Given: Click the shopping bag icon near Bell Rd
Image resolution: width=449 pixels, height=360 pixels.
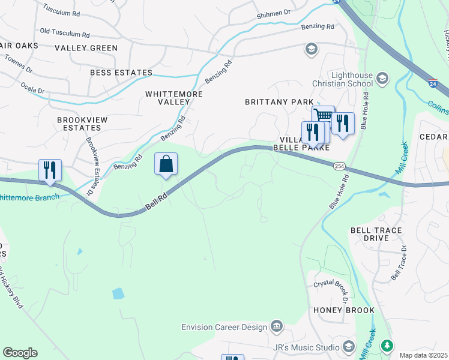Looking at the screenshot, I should coord(166,164).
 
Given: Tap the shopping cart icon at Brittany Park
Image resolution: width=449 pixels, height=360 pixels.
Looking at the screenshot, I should coord(324,116).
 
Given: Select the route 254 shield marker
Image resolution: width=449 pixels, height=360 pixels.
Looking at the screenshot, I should coord(340,166).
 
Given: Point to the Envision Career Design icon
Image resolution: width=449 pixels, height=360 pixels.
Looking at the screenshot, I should coord(277,326).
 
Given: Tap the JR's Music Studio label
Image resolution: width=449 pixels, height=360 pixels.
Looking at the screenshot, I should coord(309,346).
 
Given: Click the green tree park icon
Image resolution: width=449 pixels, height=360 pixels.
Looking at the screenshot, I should coord(388,346).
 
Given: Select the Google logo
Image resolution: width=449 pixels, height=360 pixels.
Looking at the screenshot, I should coord(20,353).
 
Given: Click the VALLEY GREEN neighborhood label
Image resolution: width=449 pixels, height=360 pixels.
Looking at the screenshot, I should coord(86,47).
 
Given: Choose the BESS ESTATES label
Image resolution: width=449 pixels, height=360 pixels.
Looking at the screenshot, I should coord(121,73).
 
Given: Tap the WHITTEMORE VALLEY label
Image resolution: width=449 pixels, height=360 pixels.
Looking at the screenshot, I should coord(174,98).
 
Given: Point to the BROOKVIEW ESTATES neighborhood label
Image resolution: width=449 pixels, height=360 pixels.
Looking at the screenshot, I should coord(82,124).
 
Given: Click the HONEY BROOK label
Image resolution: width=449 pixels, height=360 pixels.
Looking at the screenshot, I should coord(344,310).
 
